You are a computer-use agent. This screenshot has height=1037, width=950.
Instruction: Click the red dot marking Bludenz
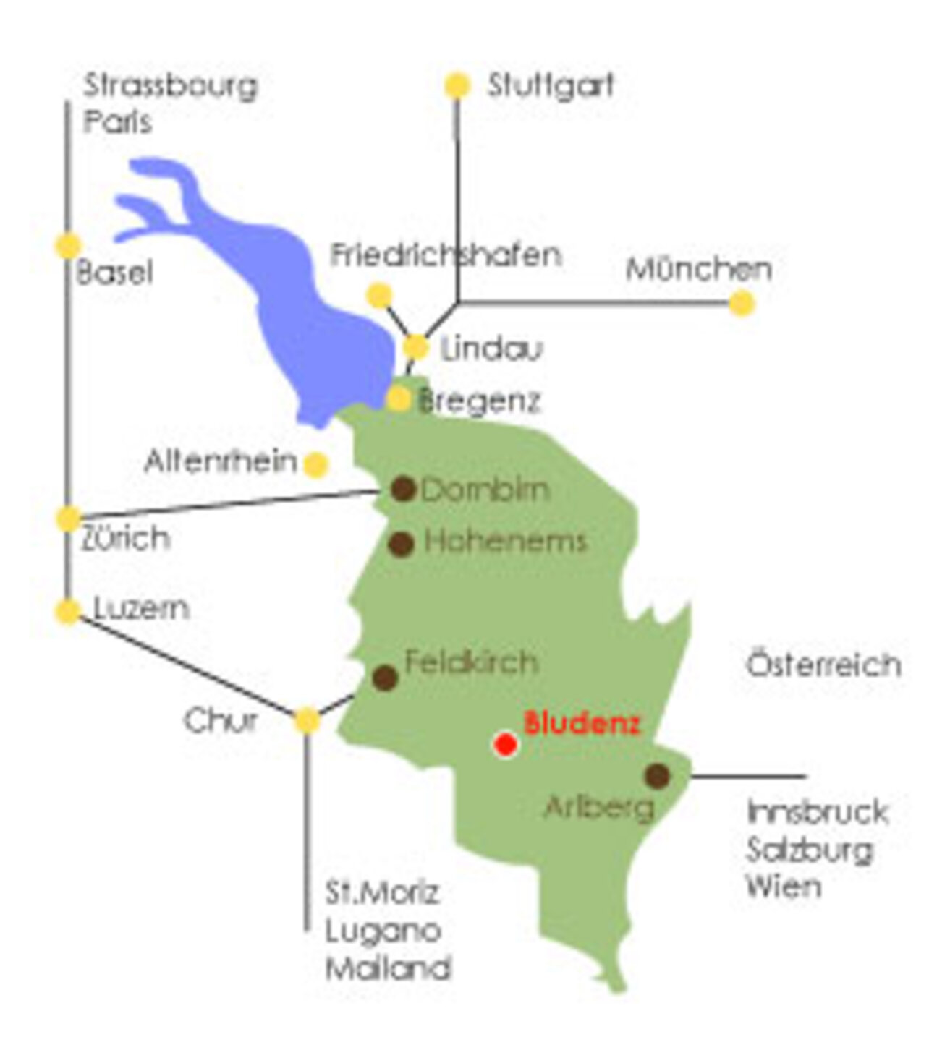[505, 743]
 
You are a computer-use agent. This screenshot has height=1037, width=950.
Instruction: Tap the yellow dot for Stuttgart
[457, 85]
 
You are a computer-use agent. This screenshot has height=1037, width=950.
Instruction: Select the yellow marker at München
[741, 302]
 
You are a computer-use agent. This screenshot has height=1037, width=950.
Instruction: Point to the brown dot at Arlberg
[657, 775]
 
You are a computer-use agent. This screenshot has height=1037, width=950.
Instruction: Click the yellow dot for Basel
[68, 246]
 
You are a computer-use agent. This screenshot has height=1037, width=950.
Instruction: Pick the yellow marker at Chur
[308, 720]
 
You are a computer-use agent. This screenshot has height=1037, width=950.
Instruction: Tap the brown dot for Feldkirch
[385, 678]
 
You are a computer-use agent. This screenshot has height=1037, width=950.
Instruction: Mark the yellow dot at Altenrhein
[316, 464]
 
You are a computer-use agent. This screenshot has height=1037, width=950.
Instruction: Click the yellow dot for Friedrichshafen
[379, 295]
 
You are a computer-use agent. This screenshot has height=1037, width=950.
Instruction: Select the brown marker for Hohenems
[401, 543]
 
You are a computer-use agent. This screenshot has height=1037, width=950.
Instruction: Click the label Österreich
[823, 664]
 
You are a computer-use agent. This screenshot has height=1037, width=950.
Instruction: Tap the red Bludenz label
[582, 722]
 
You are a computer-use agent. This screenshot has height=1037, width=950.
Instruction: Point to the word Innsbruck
[817, 812]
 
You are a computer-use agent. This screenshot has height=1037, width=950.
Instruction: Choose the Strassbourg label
[171, 85]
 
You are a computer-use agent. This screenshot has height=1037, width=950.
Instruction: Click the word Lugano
[383, 930]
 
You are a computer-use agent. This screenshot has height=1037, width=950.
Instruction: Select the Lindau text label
[491, 349]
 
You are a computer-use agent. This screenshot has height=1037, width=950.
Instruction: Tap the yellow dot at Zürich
[69, 518]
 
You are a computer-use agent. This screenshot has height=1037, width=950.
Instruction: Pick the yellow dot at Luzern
[68, 611]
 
